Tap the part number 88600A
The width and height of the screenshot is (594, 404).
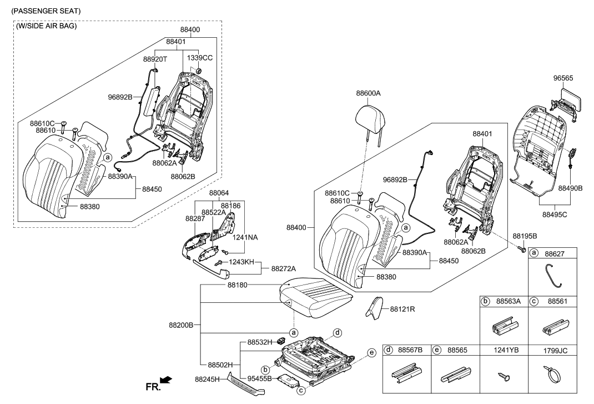click(368, 94)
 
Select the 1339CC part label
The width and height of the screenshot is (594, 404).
click(199, 57)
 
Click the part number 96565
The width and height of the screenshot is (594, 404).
click(564, 78)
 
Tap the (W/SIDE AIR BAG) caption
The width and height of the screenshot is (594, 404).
click(47, 26)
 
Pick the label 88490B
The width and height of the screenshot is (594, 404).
click(570, 188)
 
